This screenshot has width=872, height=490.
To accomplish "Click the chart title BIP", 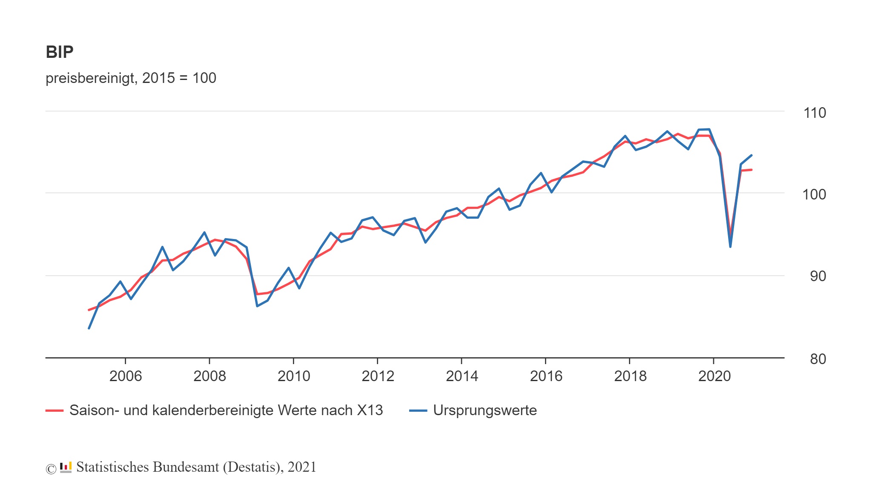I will (x=60, y=52).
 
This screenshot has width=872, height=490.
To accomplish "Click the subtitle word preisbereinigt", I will (x=89, y=78).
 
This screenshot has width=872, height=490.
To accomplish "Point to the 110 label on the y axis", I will (x=814, y=113).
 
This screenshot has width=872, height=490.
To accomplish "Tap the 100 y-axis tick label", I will (x=814, y=195).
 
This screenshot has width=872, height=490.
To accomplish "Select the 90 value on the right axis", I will (x=817, y=276).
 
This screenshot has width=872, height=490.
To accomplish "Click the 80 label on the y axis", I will (x=817, y=359).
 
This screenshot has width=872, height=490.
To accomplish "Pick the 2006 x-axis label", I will (x=126, y=376).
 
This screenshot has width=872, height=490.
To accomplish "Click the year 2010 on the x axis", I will (x=294, y=376).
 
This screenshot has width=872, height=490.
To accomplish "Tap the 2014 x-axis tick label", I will (x=462, y=376).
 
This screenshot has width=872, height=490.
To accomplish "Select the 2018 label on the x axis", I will (x=630, y=376).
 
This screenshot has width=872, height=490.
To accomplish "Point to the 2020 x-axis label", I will (x=714, y=376).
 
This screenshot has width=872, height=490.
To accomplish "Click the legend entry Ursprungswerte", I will (x=485, y=410).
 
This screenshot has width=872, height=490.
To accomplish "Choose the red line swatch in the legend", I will (x=54, y=411).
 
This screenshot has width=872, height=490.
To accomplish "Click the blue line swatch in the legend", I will (x=418, y=411).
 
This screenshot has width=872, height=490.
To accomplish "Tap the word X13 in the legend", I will (x=370, y=410).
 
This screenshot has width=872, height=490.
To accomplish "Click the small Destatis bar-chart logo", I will (x=66, y=467).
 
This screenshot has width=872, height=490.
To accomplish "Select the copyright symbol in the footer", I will (x=51, y=469).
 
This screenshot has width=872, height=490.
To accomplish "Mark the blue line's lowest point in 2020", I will (x=730, y=247).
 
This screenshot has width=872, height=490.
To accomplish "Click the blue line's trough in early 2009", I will (x=257, y=306).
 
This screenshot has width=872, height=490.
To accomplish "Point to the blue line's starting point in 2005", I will (x=89, y=328).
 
